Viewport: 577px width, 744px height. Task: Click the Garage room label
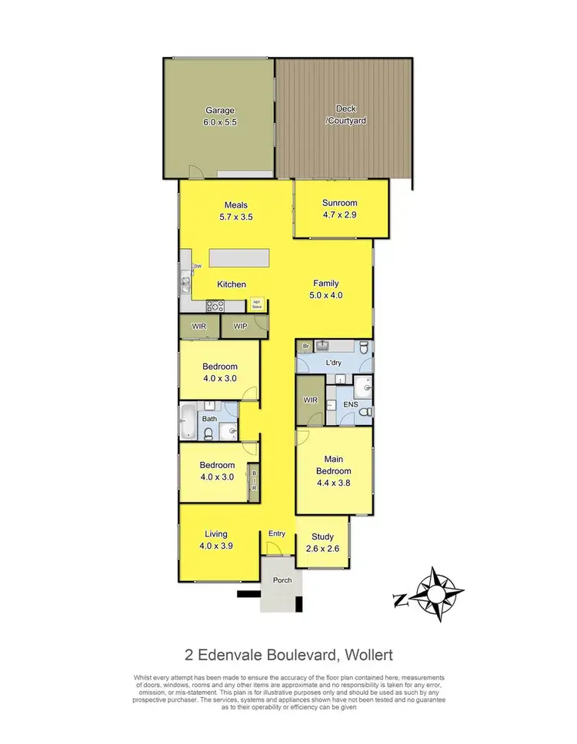(219, 110)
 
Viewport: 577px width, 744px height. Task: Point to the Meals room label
(235, 205)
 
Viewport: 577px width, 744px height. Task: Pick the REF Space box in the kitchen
(257, 303)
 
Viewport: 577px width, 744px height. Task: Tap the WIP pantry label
(239, 327)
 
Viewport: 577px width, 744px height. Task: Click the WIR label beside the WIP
(199, 327)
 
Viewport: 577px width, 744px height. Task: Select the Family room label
(325, 284)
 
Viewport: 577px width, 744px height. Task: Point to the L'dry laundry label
(335, 361)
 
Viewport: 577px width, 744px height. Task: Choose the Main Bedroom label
(333, 466)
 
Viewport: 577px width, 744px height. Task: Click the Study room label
(322, 537)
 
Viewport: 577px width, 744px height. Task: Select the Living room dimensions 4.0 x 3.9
(216, 546)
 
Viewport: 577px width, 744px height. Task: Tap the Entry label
(276, 533)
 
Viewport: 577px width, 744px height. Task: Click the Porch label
(282, 580)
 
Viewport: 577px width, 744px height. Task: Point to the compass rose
(435, 593)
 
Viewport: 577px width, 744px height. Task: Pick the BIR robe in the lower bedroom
(253, 482)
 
